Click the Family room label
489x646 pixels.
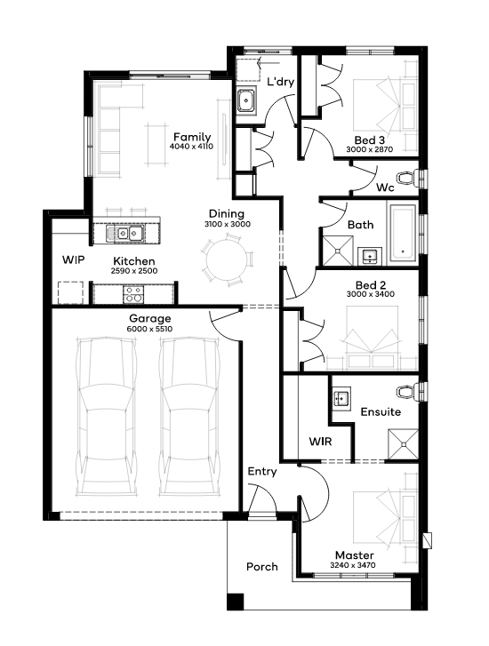pyautogui.click(x=192, y=137)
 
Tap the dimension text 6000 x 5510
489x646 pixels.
pyautogui.click(x=149, y=329)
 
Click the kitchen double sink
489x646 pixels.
pyautogui.click(x=124, y=234)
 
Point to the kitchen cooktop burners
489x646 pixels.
pyautogui.click(x=133, y=295)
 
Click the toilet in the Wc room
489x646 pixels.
pyautogui.click(x=406, y=178)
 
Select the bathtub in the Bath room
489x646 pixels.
pyautogui.click(x=402, y=234)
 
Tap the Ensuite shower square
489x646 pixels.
pyautogui.click(x=404, y=444)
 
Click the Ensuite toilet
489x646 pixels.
pyautogui.click(x=406, y=391)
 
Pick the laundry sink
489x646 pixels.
pyautogui.click(x=246, y=100)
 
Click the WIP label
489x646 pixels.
pyautogui.click(x=74, y=260)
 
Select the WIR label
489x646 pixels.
pyautogui.click(x=320, y=442)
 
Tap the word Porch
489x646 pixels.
pyautogui.click(x=261, y=567)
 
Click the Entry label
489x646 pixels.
pyautogui.click(x=261, y=472)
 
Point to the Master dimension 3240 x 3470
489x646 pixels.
pyautogui.click(x=353, y=565)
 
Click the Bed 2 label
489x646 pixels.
pyautogui.click(x=370, y=285)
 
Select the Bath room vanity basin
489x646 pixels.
pyautogui.click(x=370, y=256)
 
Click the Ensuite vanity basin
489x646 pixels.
pyautogui.click(x=341, y=398)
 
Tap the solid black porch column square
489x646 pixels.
pyautogui.click(x=236, y=602)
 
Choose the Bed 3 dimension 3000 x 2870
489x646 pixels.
pyautogui.click(x=370, y=149)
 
